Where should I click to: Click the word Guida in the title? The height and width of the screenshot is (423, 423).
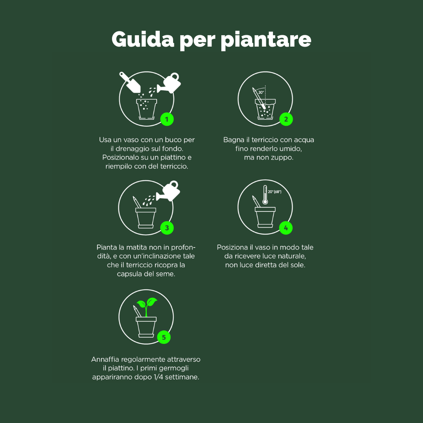(143, 40)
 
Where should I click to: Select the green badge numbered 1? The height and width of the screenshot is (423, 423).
(167, 119)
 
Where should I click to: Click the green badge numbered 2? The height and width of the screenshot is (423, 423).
(286, 119)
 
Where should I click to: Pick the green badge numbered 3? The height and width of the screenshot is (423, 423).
(167, 228)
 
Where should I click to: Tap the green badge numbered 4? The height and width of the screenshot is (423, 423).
(286, 228)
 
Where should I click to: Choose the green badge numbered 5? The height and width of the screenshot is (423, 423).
(164, 337)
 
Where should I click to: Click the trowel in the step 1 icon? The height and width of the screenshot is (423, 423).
(130, 82)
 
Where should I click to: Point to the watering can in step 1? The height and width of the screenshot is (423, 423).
(170, 83)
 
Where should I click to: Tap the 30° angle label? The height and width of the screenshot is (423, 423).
(261, 92)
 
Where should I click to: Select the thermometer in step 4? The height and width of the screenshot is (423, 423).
(265, 195)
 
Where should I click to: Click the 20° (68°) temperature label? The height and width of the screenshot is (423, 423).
(275, 192)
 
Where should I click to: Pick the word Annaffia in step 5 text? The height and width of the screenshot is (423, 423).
(105, 359)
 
